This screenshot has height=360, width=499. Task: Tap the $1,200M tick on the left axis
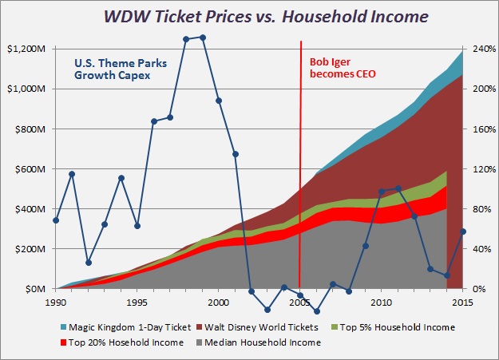pyautogui.click(x=27, y=49)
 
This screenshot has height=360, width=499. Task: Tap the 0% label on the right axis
pyautogui.click(x=476, y=288)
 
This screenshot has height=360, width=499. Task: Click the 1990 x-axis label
pyautogui.click(x=56, y=303)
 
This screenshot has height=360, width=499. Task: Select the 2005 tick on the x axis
pyautogui.click(x=299, y=303)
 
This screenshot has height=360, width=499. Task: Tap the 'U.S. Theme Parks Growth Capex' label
pyautogui.click(x=112, y=71)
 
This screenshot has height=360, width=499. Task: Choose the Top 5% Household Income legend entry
pyautogui.click(x=386, y=326)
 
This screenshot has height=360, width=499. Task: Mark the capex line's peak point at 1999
pyautogui.click(x=202, y=38)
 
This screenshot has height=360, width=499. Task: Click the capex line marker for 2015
pyautogui.click(x=462, y=231)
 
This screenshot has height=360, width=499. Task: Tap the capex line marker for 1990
pyautogui.click(x=56, y=220)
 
